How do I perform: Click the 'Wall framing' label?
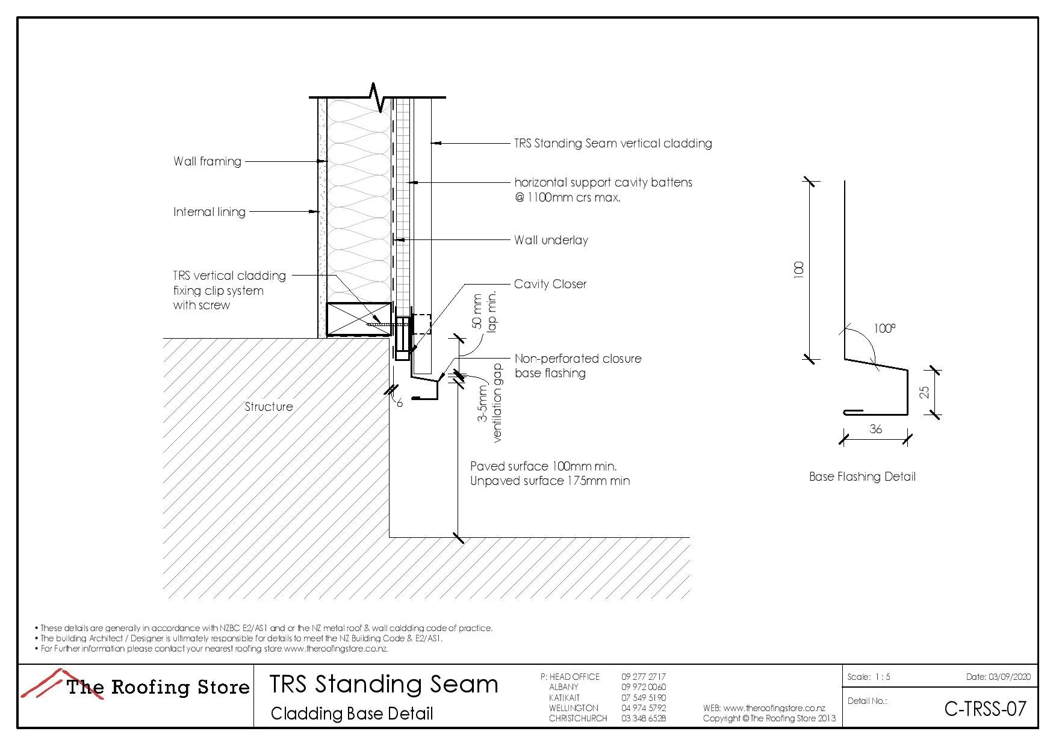click(x=207, y=161)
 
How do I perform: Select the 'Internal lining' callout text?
click(x=210, y=212)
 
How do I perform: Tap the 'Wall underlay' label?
click(x=551, y=240)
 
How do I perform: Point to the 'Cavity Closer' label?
click(x=550, y=284)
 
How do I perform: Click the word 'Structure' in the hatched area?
click(x=269, y=407)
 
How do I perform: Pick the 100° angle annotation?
click(x=884, y=328)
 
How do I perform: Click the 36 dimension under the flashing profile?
click(x=875, y=429)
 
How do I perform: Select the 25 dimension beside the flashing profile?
click(x=924, y=392)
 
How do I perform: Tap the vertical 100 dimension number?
click(x=799, y=269)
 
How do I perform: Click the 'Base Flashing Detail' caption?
click(x=862, y=476)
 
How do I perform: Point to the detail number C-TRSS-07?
click(x=985, y=709)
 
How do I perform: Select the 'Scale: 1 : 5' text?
click(x=869, y=677)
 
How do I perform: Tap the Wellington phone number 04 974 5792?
click(x=644, y=708)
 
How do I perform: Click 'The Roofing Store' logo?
click(x=135, y=687)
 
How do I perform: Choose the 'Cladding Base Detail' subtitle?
click(x=352, y=714)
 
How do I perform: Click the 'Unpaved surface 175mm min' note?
click(x=550, y=481)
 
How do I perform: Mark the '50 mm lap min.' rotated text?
click(x=484, y=311)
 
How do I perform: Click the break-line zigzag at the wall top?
click(x=377, y=97)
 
